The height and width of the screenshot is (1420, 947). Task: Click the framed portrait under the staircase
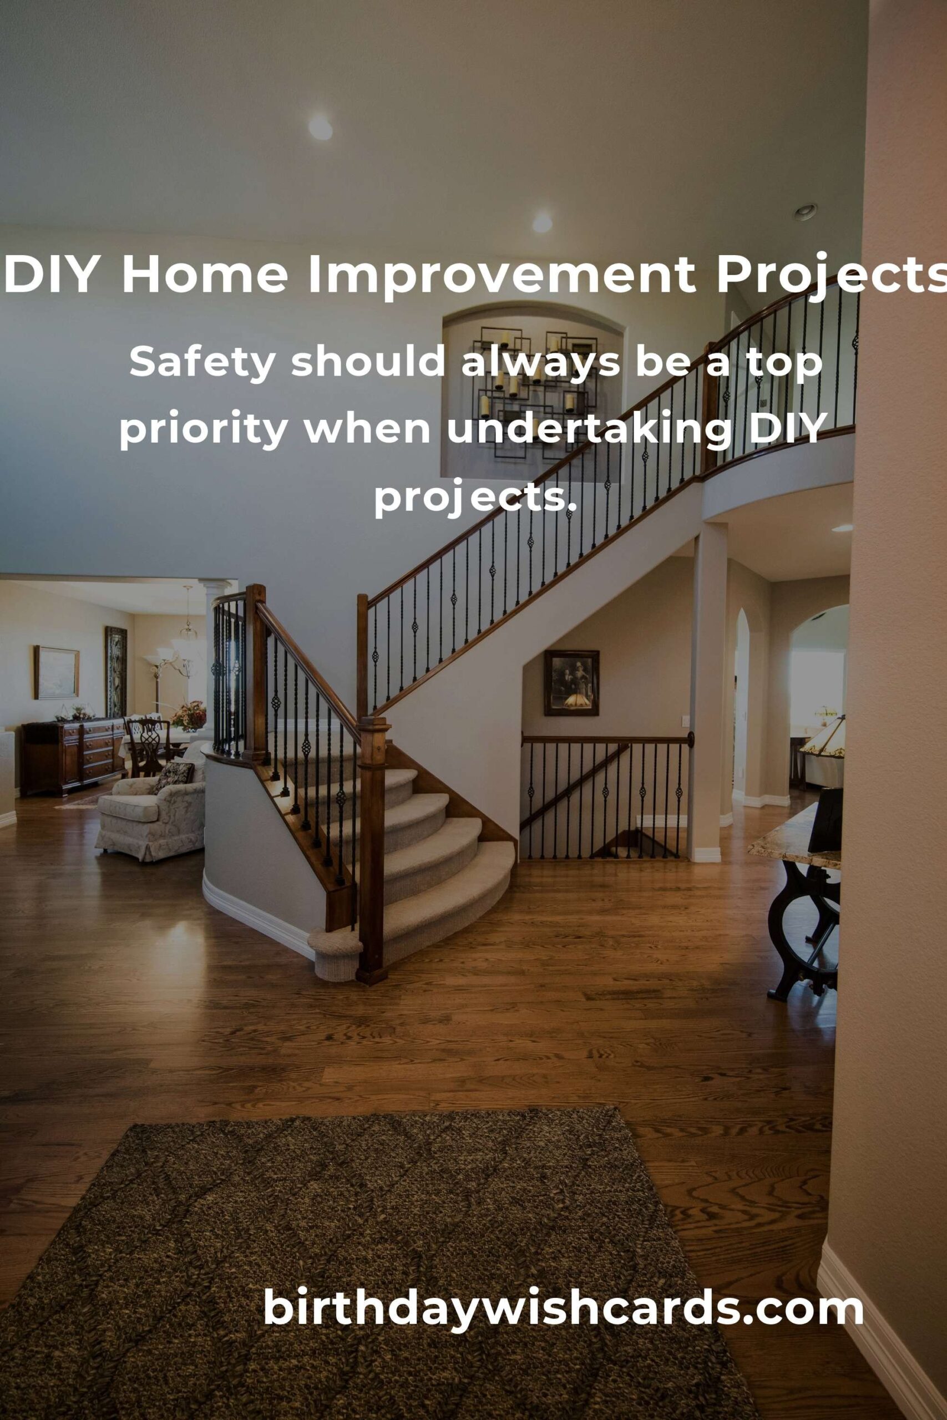coord(571,683)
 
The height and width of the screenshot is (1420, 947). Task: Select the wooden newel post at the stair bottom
coord(372,851)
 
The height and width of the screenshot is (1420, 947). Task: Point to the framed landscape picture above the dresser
coord(56,673)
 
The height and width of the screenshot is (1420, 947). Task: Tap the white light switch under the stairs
coord(685,721)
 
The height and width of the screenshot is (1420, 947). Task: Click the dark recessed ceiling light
coord(805,212)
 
